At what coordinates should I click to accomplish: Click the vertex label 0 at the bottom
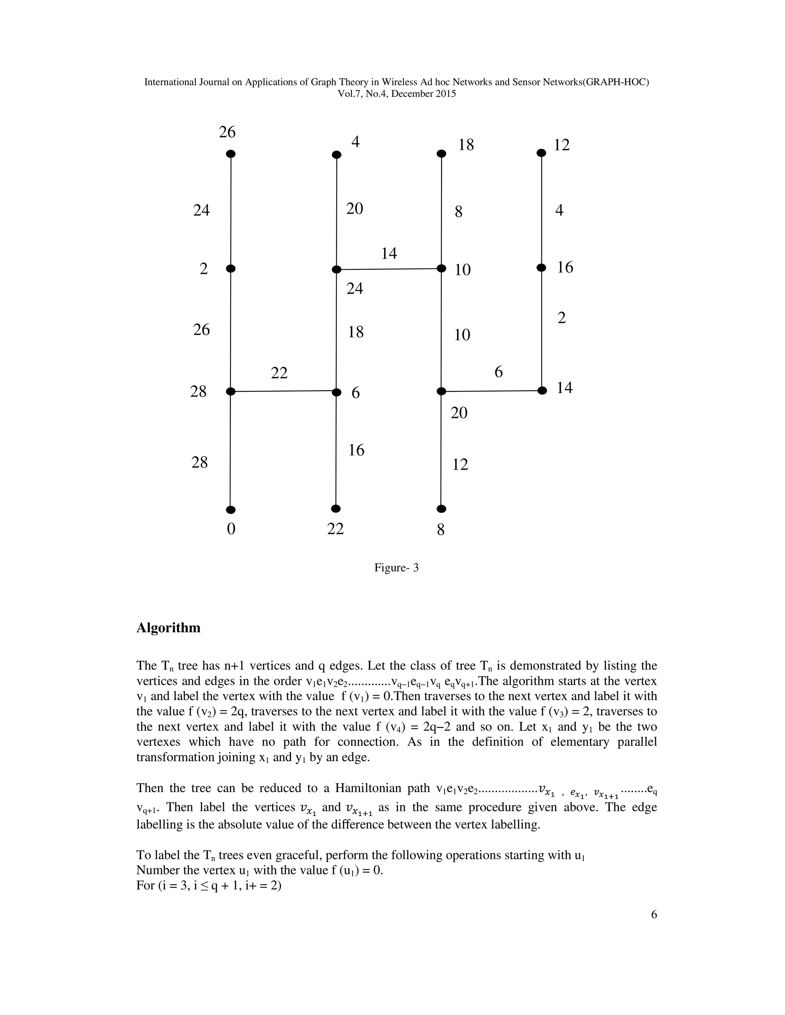[231, 529]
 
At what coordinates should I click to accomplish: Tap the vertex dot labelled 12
[541, 152]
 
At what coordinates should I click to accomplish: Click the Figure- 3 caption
[396, 568]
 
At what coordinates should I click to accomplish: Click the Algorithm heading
[168, 628]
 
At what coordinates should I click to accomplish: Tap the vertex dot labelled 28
[231, 392]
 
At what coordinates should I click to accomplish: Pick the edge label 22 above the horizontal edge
[279, 373]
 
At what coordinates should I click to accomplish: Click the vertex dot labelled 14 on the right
[542, 390]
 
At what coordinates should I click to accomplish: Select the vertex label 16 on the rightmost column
[565, 268]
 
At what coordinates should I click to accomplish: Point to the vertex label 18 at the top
[466, 145]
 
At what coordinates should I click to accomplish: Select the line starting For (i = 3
[209, 885]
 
